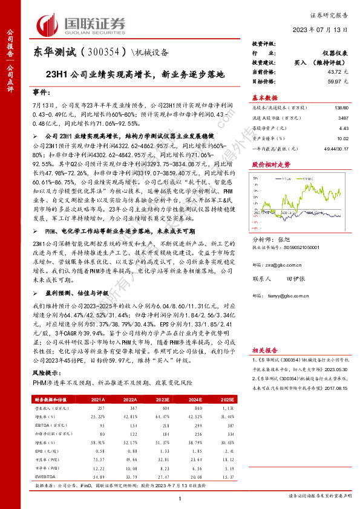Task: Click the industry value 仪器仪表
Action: pyautogui.click(x=332, y=54)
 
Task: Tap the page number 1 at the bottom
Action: pyautogui.click(x=180, y=498)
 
